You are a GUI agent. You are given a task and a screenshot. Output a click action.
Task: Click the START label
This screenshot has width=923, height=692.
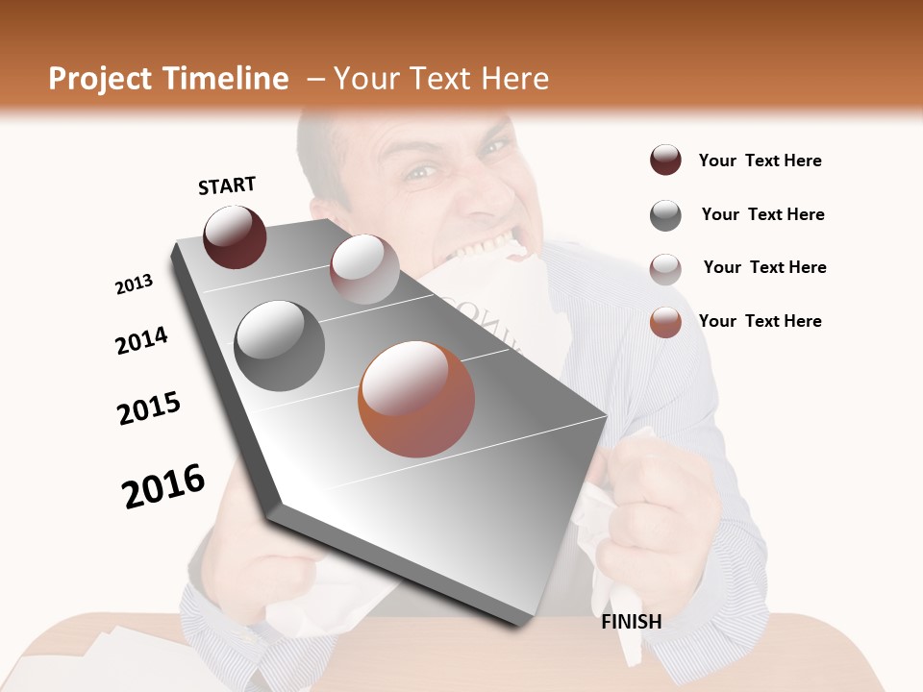pyautogui.click(x=227, y=185)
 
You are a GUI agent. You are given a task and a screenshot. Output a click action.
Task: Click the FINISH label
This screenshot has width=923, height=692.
pyautogui.click(x=632, y=622)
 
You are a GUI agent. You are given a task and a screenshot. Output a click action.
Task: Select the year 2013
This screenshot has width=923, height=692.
pyautogui.click(x=134, y=284)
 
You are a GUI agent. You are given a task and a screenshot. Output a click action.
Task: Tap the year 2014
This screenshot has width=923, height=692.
pyautogui.click(x=141, y=340)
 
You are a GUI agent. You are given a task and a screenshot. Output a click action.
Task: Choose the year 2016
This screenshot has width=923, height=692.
pyautogui.click(x=163, y=485)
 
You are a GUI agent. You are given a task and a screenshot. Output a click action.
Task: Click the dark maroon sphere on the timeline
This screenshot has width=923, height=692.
pyautogui.click(x=235, y=236)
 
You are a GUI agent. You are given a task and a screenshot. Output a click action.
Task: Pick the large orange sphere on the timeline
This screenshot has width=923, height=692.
pyautogui.click(x=416, y=399)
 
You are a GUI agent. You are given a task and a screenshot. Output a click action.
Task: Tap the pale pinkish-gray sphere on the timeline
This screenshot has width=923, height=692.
pyautogui.click(x=364, y=269)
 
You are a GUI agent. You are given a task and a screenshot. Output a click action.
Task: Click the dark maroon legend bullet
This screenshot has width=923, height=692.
pyautogui.click(x=665, y=161)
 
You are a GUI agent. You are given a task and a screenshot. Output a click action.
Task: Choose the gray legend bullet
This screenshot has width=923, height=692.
pyautogui.click(x=665, y=215)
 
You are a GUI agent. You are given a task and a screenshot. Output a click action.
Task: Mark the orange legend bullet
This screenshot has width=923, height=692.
pyautogui.click(x=665, y=322)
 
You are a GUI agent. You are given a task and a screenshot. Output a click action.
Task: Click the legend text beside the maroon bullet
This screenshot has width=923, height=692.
pyautogui.click(x=760, y=161)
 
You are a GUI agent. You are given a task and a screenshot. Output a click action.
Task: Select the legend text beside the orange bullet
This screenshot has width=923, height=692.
pyautogui.click(x=760, y=321)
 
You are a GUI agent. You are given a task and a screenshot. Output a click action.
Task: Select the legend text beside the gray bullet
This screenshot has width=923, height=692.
pyautogui.click(x=762, y=214)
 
